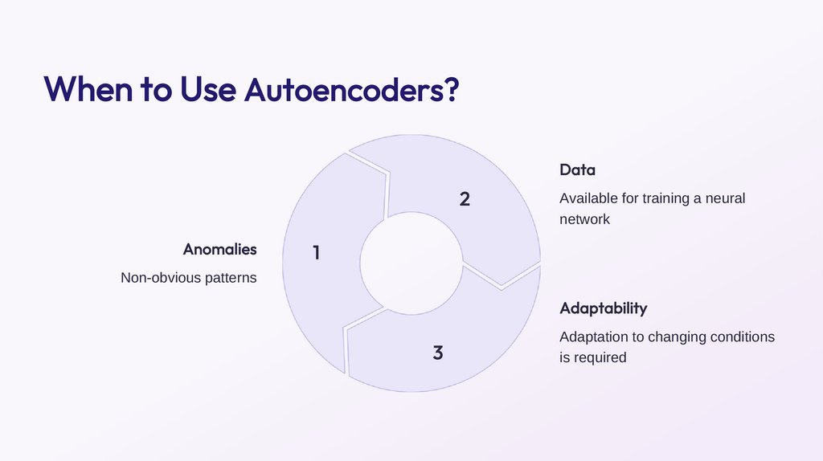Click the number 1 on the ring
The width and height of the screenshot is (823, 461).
(316, 253)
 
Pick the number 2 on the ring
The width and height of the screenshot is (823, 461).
(465, 199)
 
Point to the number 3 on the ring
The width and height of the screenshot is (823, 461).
(437, 353)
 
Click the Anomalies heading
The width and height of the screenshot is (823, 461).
(219, 249)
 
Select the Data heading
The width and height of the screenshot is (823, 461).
(577, 170)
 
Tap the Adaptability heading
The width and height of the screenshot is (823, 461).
(603, 308)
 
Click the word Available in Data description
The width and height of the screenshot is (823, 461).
(589, 198)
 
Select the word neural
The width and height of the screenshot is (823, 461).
(726, 198)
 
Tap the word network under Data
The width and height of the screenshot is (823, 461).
(584, 218)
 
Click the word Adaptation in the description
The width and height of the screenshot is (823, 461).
(594, 337)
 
